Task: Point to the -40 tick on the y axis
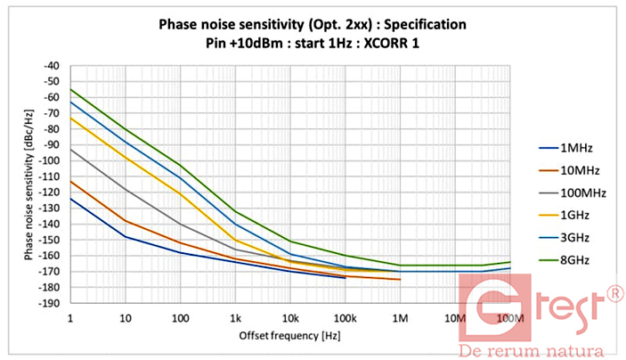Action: [x=53, y=65]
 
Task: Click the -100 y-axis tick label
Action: [x=50, y=160]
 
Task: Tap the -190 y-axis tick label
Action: [x=50, y=303]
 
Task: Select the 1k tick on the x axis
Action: [x=235, y=317]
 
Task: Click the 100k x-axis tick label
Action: [x=345, y=317]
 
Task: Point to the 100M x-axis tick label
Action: [x=509, y=317]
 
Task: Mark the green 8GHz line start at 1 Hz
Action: [x=70, y=89]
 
